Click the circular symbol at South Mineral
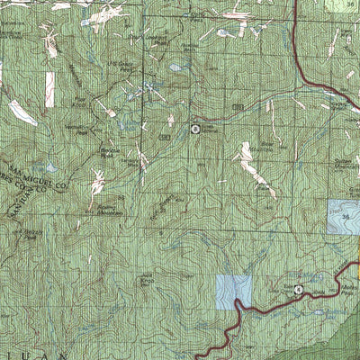point(195,130)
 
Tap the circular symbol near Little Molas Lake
point(299,289)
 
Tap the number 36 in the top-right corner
point(351,4)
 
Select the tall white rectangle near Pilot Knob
point(49,88)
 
